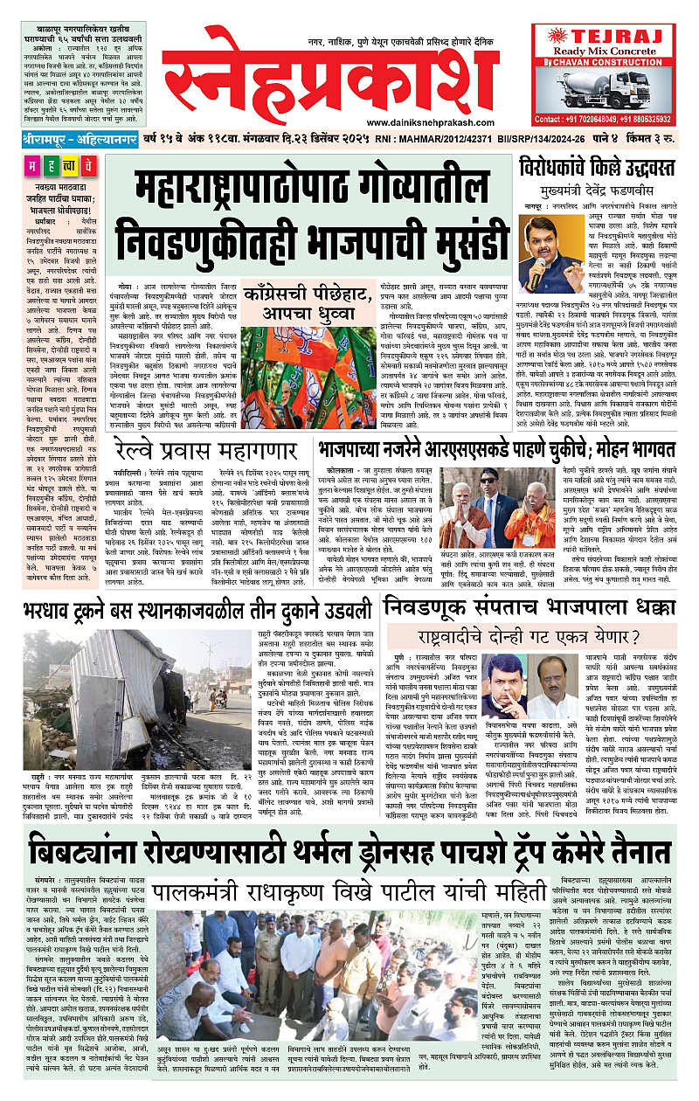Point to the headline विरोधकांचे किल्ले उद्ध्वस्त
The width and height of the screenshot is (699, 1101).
605,164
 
